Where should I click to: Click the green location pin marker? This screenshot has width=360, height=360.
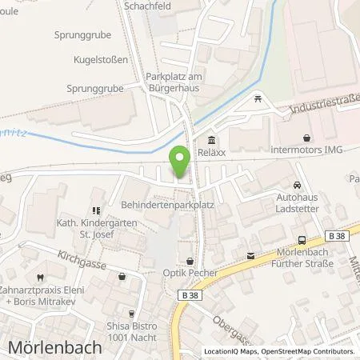coord(182,162)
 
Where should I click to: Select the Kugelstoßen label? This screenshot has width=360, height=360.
coord(97,60)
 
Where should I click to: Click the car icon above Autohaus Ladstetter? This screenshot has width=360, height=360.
coord(297,182)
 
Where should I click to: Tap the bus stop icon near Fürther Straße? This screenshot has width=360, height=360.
coord(301,239)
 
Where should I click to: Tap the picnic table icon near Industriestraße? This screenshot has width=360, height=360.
coord(258,98)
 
